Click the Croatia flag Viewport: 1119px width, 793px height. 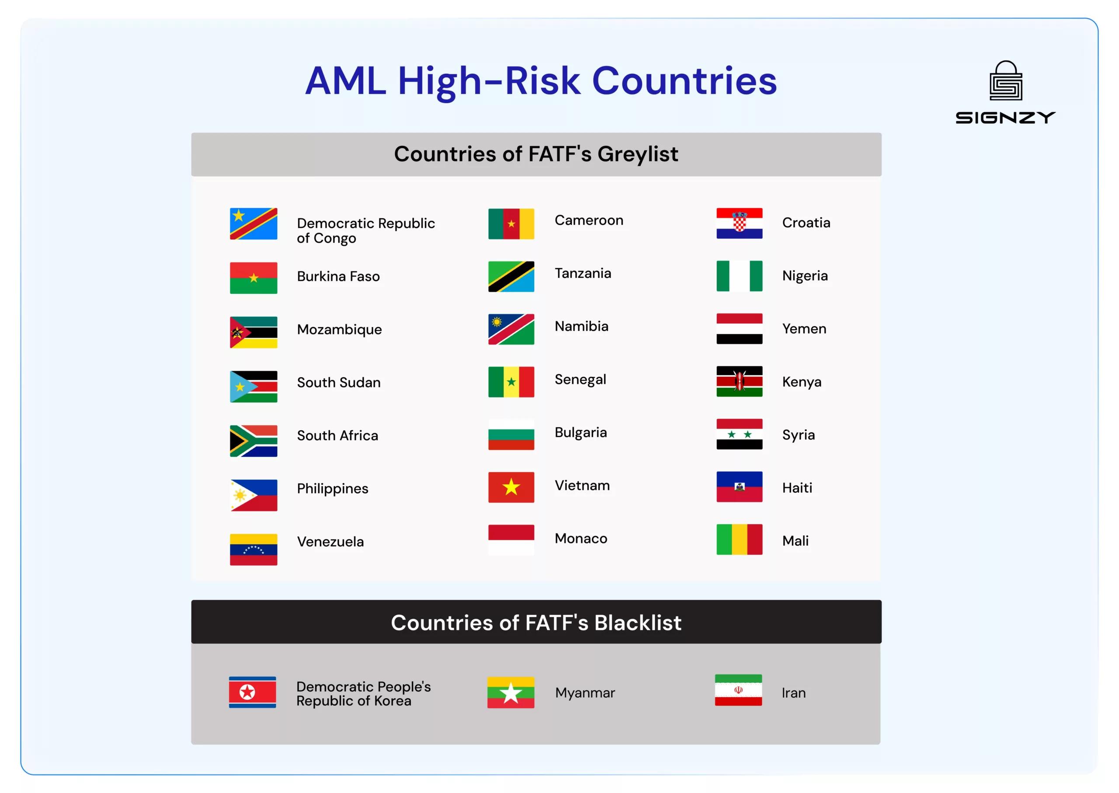(739, 223)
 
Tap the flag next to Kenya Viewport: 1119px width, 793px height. (739, 381)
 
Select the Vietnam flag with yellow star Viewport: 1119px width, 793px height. (511, 487)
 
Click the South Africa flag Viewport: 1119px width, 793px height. (254, 441)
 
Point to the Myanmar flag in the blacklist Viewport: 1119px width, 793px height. (510, 692)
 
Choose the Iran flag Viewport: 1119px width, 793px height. (738, 689)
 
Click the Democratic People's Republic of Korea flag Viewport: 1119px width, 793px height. (252, 692)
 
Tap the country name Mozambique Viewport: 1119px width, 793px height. (339, 330)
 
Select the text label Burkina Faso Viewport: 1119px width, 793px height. (338, 276)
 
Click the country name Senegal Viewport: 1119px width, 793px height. (580, 379)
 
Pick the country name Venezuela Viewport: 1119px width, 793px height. (330, 542)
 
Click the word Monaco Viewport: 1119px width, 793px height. (580, 538)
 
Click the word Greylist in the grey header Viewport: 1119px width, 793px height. (637, 154)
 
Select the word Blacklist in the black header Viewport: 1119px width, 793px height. (637, 623)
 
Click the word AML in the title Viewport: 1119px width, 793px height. (345, 80)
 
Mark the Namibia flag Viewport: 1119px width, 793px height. (511, 329)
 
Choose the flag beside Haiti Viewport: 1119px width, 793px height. (739, 487)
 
